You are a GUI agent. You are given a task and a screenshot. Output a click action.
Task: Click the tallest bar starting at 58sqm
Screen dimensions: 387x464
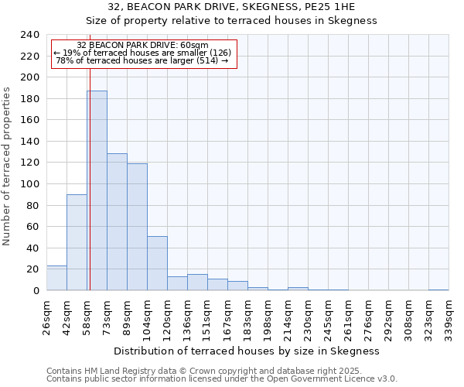point(97,190)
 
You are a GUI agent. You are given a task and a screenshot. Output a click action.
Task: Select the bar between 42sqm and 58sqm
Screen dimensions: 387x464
point(77,242)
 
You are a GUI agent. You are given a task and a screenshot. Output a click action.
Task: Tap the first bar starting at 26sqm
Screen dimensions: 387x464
point(56,278)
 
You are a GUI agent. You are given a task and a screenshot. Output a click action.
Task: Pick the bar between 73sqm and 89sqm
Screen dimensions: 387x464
point(117,222)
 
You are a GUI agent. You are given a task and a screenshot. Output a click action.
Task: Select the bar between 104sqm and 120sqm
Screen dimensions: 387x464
point(157,263)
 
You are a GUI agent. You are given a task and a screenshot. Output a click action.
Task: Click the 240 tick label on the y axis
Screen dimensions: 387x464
point(30,35)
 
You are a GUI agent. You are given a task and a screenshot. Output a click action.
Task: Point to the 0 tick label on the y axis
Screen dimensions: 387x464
point(36,291)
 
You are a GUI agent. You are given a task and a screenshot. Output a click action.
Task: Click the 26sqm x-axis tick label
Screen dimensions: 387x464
point(46,317)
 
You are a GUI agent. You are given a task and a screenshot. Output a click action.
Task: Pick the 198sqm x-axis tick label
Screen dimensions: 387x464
point(268,317)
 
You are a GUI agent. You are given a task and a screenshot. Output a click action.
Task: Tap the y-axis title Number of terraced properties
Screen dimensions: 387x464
point(8,166)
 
